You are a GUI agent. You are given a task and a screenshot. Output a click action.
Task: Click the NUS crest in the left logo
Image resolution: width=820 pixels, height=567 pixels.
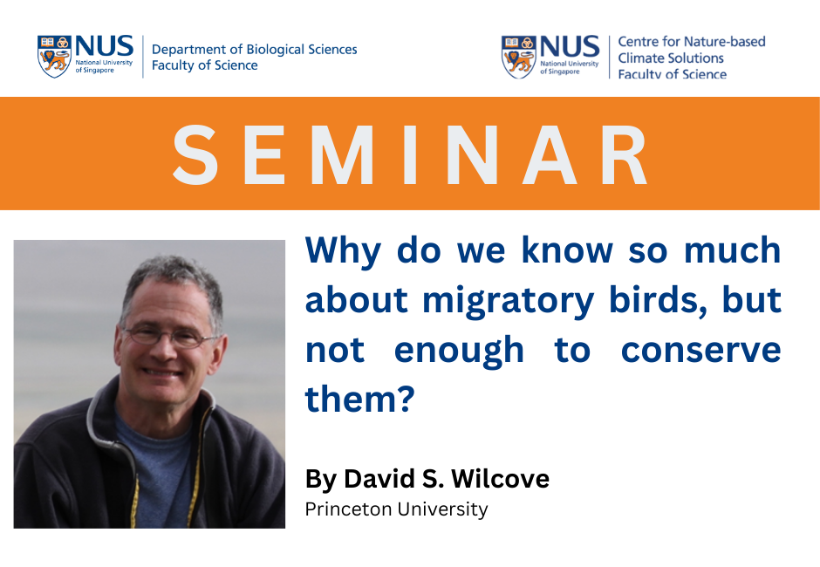[x=54, y=57]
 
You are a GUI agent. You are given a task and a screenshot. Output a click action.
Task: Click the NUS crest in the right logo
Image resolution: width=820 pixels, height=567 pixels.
[x=518, y=57]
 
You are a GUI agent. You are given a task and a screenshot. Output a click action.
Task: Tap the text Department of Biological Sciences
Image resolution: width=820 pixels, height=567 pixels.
[x=254, y=49]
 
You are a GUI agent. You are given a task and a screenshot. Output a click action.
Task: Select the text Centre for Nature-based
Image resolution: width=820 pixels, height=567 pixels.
[x=692, y=41]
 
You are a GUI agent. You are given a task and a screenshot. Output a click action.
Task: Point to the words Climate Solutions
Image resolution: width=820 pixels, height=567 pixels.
[x=671, y=58]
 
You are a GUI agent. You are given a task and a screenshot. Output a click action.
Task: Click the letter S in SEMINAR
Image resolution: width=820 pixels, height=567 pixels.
[x=195, y=154]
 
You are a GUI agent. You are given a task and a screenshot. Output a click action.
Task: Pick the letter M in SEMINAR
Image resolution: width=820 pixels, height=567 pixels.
[x=343, y=154]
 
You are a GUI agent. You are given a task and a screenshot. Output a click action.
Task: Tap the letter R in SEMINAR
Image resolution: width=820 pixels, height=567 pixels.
[x=624, y=154]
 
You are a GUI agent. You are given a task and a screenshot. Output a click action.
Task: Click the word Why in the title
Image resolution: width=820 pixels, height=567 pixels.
[x=343, y=252]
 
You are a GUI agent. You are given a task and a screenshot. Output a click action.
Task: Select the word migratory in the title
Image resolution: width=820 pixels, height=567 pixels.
[x=508, y=302]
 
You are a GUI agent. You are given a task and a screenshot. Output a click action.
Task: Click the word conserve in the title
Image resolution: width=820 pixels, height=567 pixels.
[x=700, y=351]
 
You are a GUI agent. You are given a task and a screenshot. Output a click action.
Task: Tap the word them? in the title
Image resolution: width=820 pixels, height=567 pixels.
[x=359, y=399]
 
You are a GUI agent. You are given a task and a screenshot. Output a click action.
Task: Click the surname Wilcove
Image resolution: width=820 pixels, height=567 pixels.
[x=500, y=479]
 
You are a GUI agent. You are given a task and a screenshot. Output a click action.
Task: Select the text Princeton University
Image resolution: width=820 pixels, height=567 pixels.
[x=396, y=509]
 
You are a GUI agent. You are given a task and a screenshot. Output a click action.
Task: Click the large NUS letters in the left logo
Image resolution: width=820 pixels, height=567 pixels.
[x=105, y=46]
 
